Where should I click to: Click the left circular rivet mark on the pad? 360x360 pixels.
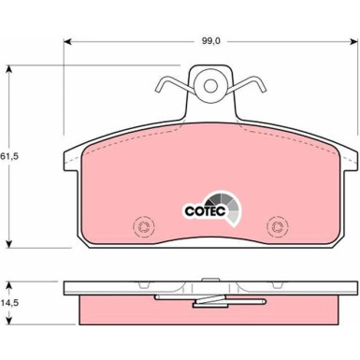[143, 226]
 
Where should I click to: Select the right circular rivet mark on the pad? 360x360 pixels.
[276, 226]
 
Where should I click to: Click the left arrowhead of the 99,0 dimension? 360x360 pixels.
[67, 41]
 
